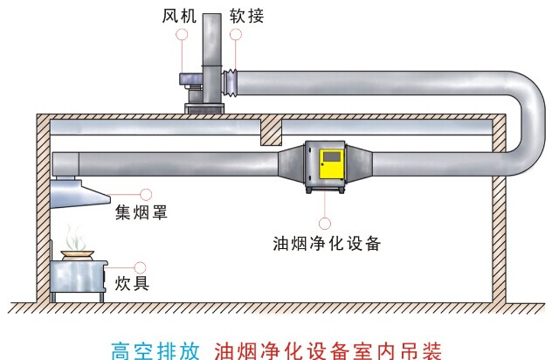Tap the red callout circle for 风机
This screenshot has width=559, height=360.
(182, 34)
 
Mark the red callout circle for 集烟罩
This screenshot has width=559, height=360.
(146, 192)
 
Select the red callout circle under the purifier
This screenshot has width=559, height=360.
(325, 221)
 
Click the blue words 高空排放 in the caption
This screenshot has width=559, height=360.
(159, 350)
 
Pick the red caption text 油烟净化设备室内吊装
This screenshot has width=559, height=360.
(328, 350)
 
